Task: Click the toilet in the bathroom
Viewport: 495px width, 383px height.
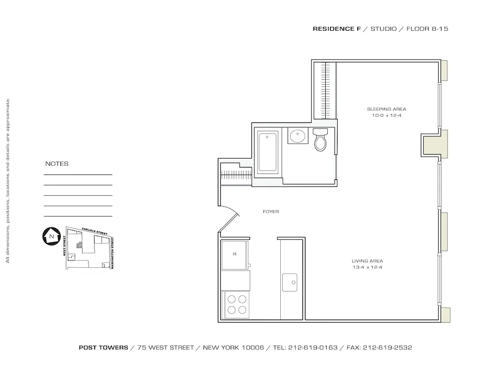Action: [x=320, y=140]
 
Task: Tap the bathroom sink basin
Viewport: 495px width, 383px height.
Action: [x=297, y=136]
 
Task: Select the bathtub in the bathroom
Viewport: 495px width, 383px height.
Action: [x=268, y=152]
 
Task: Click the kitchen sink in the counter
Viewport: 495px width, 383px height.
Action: [x=290, y=282]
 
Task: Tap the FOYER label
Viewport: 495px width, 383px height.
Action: [x=271, y=212]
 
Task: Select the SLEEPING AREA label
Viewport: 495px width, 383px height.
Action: [x=386, y=109]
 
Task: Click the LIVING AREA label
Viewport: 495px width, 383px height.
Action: [x=367, y=261]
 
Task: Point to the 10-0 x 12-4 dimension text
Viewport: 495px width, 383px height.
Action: [x=386, y=116]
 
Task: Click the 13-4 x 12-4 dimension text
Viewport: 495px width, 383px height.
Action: [x=367, y=267]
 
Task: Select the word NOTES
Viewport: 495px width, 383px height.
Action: [x=57, y=164]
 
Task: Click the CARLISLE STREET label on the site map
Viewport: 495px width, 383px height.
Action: [x=94, y=231]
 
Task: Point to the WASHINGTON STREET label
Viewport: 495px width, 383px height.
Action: [x=113, y=252]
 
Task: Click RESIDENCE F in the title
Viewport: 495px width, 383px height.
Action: [x=337, y=29]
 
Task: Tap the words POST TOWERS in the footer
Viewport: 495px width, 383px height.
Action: [x=103, y=348]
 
